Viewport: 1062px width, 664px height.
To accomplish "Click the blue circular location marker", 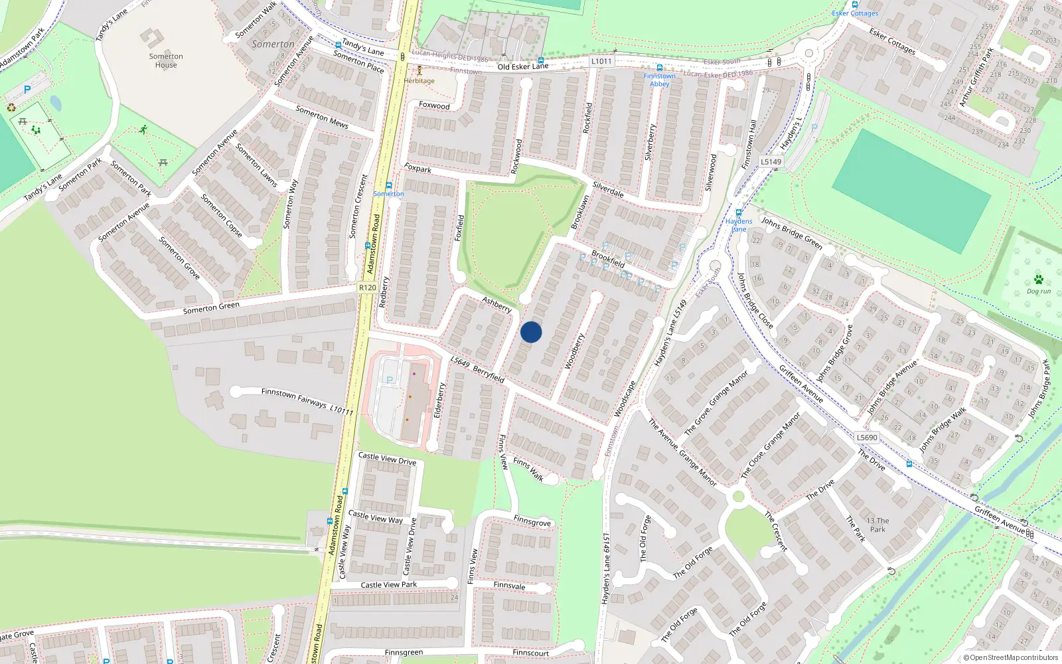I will pos(531,332).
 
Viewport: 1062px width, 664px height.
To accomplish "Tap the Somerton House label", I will pos(166,60).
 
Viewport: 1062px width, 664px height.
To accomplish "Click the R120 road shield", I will pos(367,288).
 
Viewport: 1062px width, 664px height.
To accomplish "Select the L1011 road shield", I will pos(601,61).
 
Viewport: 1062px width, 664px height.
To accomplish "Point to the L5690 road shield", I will pos(867,438).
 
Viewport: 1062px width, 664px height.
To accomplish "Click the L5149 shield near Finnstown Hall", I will pos(771,161).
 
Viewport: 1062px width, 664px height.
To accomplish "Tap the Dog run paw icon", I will pos(1038,280).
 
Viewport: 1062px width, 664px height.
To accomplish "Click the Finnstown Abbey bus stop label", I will pos(659,80).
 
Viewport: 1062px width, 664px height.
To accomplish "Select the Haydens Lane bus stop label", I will pos(739,225).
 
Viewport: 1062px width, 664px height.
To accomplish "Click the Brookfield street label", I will pos(608,258).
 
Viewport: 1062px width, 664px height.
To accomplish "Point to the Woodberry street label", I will pos(574,351).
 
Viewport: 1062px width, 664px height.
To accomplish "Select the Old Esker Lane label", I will pos(523,66).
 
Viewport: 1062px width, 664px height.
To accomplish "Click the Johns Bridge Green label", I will pos(792,233).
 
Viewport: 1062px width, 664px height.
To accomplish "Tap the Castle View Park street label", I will pos(389,585).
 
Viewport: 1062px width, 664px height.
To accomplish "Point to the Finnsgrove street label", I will pos(532,522).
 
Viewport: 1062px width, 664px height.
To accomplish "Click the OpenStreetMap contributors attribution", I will pos(1010,657).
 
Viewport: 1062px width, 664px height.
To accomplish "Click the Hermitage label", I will pos(419,81).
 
